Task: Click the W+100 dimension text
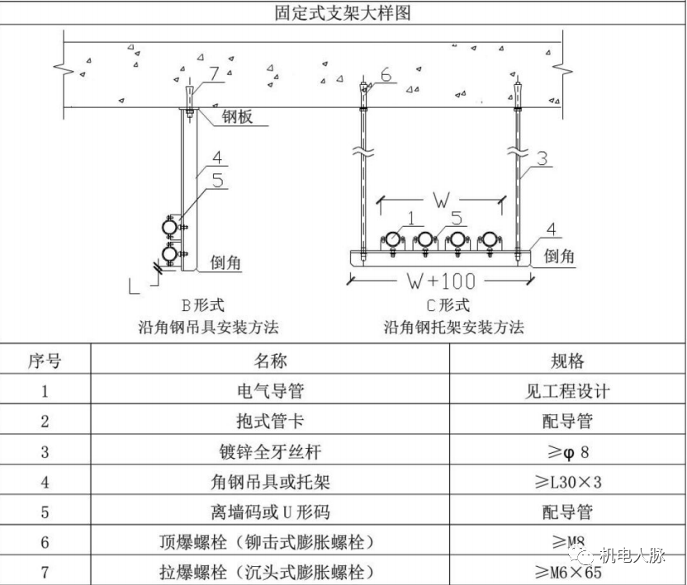(x=439, y=281)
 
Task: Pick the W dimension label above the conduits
(x=440, y=201)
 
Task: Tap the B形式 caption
(x=207, y=305)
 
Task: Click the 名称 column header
(x=269, y=361)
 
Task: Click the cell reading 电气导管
(x=269, y=391)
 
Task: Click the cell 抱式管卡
(x=269, y=421)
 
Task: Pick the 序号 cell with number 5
(x=45, y=512)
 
